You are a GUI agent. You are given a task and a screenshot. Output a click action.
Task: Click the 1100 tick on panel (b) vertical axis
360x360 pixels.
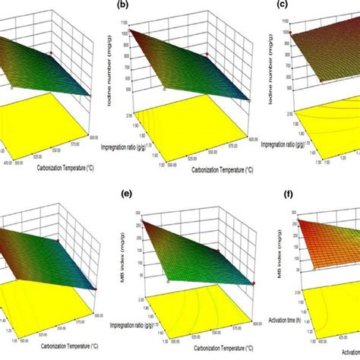[132, 33]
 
